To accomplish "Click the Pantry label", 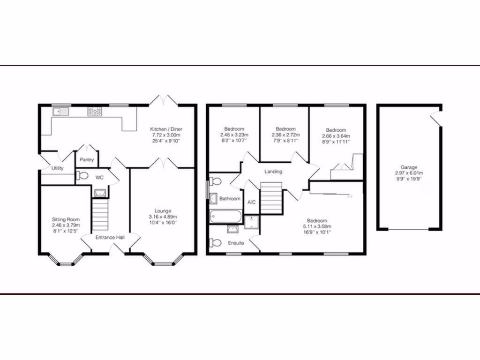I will pos(87,160).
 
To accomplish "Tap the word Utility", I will pos(58,168).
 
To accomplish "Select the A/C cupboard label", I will pos(251,202).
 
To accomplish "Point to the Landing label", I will pos(273,172).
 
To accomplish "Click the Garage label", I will pos(408,167).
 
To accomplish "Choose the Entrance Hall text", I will pos(110,238).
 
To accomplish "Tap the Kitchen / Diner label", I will pos(166,129).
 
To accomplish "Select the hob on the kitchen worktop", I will pos(95,112).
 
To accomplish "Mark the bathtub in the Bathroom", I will pos(225,217).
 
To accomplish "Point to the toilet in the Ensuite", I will pos(216,243).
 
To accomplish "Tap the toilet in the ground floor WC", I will pos(82,176).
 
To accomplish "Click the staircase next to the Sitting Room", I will pos(100,213).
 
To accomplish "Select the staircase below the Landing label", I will pos(270,198).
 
